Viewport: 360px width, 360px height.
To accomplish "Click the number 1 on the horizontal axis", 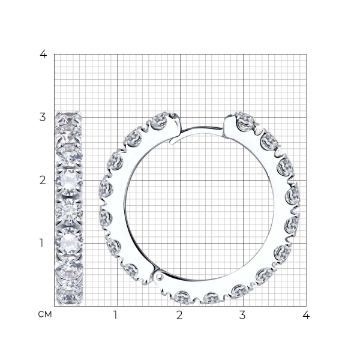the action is click(x=115, y=315).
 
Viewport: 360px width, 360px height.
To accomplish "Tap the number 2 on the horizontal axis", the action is click(x=179, y=315).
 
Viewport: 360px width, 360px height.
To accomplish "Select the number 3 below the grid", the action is click(x=242, y=315).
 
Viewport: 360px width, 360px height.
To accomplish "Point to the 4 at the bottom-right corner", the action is click(x=306, y=315).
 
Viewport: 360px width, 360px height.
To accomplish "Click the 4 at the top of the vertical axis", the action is click(x=43, y=54).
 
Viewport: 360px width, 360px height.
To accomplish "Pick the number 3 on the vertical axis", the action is click(x=43, y=118).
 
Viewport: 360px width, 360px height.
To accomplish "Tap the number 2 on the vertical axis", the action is click(x=43, y=181).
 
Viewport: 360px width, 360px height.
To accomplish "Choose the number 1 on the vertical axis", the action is click(x=41, y=243).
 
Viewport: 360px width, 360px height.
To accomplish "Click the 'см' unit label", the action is click(x=45, y=314).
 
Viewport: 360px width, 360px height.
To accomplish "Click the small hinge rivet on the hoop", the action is click(x=158, y=277).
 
